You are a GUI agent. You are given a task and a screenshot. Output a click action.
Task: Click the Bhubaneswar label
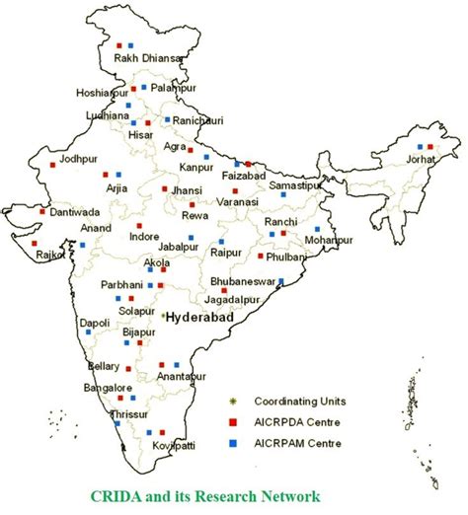click(247, 281)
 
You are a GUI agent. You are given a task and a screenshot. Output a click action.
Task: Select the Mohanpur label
click(328, 240)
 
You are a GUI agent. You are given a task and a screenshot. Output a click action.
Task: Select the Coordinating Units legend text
click(297, 401)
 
